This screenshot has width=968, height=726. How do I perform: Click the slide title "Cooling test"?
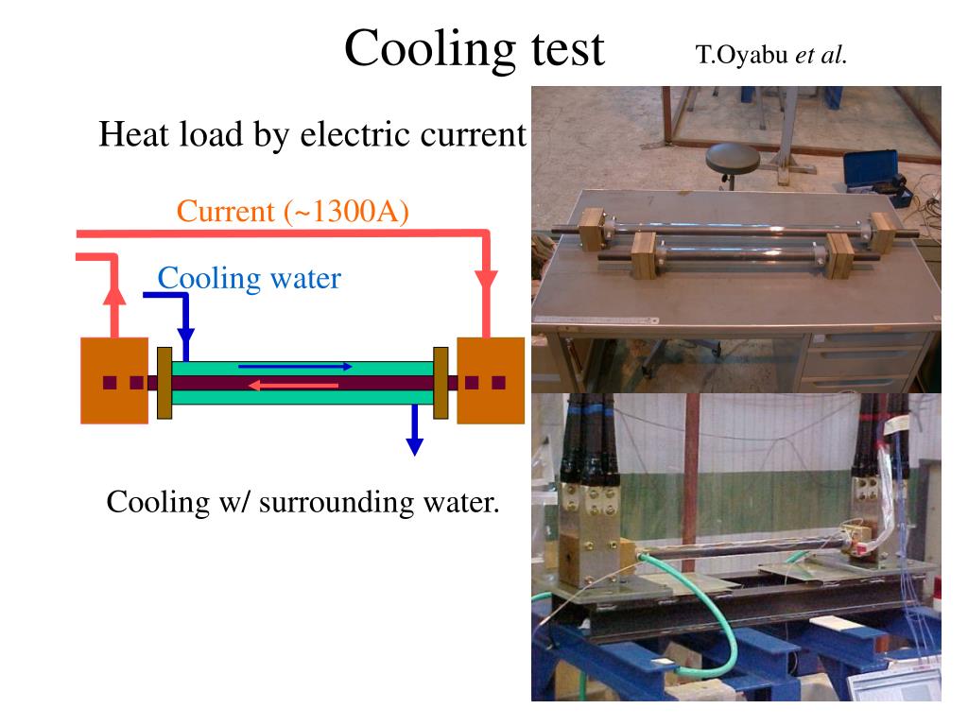pos(474,49)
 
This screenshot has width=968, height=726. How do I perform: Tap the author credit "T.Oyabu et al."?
pos(771,54)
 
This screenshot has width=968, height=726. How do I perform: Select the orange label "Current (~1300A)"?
pos(292,211)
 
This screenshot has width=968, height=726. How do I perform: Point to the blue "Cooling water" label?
pos(249,278)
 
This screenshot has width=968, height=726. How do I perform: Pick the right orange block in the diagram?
pos(490,380)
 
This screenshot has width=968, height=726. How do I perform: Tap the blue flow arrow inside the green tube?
pos(296,366)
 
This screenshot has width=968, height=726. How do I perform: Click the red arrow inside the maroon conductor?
pos(293,385)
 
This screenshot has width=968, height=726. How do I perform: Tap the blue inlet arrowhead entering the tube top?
pos(186,338)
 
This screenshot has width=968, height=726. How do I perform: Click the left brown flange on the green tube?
pos(164,383)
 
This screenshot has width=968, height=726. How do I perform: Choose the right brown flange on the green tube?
pos(440,383)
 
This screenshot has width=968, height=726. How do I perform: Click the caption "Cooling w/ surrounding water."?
pos(302,501)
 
